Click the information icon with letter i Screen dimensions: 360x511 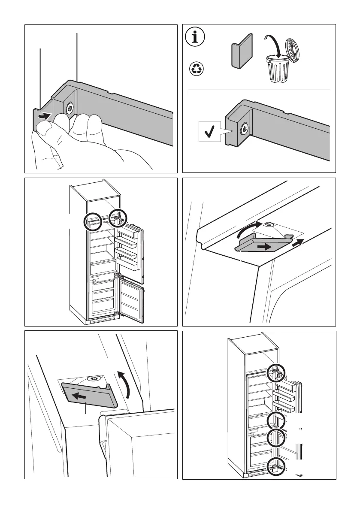(196, 37)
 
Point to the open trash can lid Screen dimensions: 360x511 (294, 48)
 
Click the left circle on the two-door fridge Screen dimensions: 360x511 (94, 222)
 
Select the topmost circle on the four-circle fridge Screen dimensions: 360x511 (275, 373)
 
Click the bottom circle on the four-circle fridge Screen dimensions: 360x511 (275, 466)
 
